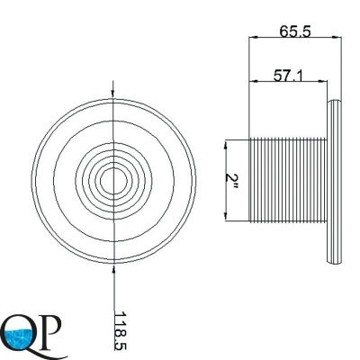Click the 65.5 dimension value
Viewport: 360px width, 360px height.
(x=295, y=31)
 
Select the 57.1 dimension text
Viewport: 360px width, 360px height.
(x=288, y=76)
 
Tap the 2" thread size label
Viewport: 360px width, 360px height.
(x=232, y=183)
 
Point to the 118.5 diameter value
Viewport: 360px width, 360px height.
(x=121, y=331)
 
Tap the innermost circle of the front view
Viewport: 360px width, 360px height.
(x=112, y=181)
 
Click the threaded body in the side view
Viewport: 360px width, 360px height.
(x=288, y=180)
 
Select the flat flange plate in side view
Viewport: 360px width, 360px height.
(x=334, y=182)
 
